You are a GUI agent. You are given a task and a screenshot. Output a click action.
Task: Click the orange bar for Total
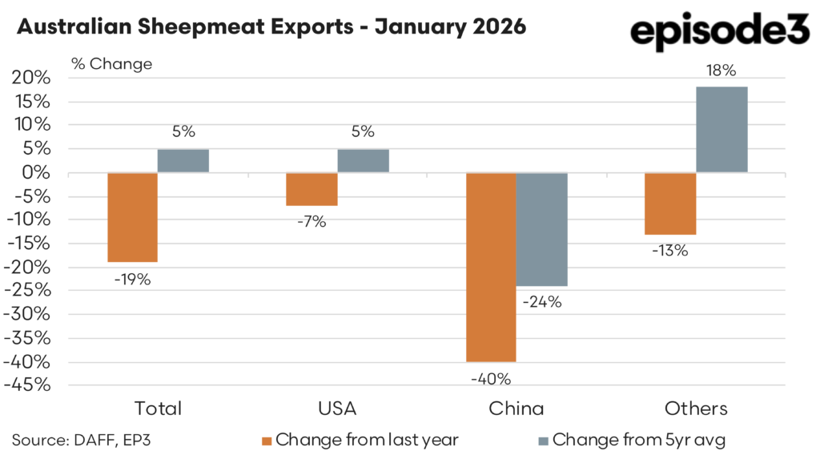[x=132, y=217]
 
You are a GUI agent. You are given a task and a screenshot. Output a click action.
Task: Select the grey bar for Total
[x=183, y=161]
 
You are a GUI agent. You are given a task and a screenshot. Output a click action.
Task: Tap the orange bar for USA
[x=312, y=189]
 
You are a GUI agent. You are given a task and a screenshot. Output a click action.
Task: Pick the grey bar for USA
[x=363, y=161]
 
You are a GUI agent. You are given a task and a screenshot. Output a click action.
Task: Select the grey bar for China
[x=542, y=229]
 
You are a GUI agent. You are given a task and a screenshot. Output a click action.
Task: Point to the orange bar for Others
[x=670, y=203]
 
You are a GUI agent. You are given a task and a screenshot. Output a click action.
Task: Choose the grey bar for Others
[x=722, y=130]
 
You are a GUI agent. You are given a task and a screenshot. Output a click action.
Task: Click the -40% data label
[x=491, y=378]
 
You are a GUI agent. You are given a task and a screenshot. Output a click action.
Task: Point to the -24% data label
[x=543, y=303]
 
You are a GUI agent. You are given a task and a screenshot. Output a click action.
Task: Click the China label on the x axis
[x=517, y=409]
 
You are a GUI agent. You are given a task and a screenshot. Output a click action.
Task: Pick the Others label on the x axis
[x=696, y=409]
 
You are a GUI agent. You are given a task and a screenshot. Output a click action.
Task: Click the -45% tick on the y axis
[x=29, y=385]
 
